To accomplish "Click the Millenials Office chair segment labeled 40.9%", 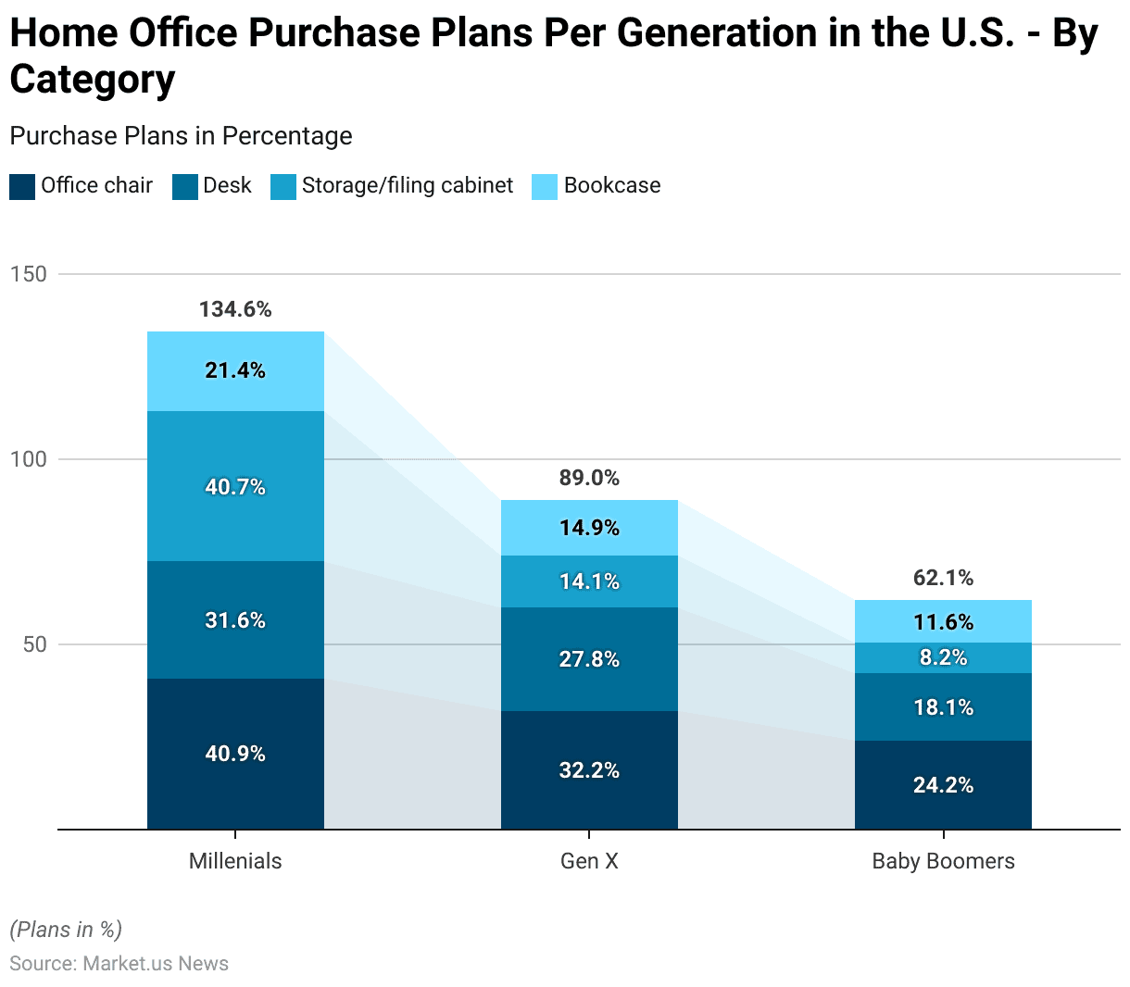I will [x=235, y=754].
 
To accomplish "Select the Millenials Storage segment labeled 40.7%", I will [x=235, y=486].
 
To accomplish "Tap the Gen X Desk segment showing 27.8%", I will [x=589, y=659].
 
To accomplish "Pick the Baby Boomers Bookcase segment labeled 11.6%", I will [x=943, y=621].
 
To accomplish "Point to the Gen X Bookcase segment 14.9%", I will [x=589, y=528].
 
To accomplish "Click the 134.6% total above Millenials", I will [x=235, y=309].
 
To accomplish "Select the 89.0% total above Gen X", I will [x=589, y=478].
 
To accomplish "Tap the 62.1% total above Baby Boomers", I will [x=943, y=578].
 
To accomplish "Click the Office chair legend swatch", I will [x=22, y=186].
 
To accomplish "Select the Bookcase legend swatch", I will [x=545, y=186].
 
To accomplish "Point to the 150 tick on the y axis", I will [x=28, y=274].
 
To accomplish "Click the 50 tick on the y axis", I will [x=34, y=644].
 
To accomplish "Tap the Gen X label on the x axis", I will [x=589, y=861].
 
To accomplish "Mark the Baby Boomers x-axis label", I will [x=943, y=861].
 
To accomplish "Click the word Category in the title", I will [x=93, y=80].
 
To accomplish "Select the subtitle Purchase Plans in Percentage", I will [x=181, y=136].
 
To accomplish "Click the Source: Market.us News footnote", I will [x=119, y=964].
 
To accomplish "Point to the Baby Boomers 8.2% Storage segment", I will [x=943, y=657].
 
